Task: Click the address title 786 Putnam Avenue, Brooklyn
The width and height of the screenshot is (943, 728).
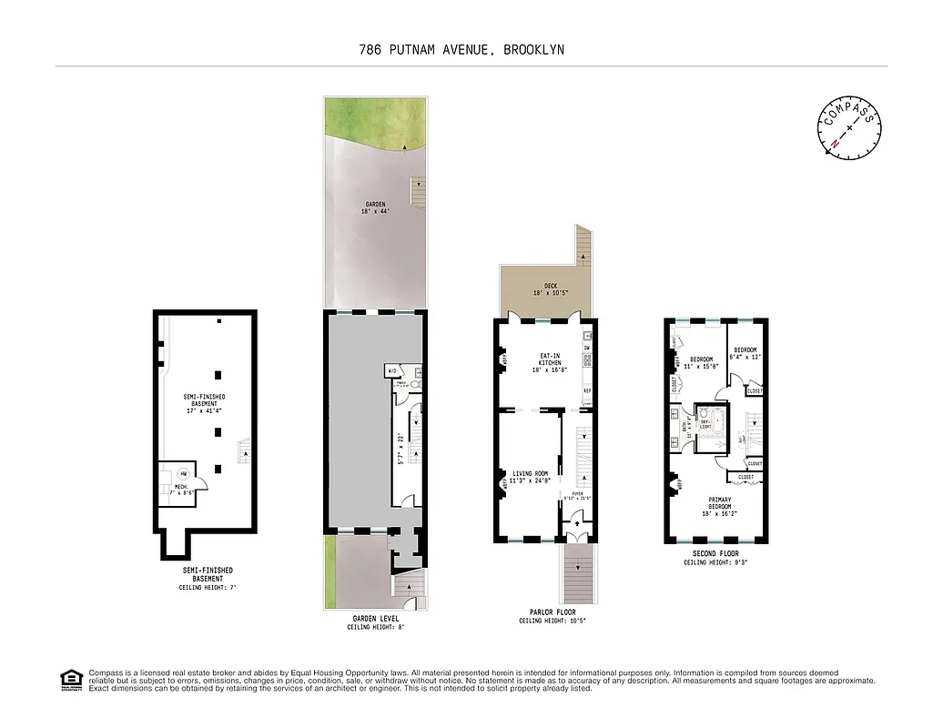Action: pyautogui.click(x=461, y=50)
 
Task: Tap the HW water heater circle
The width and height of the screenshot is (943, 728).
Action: pyautogui.click(x=183, y=474)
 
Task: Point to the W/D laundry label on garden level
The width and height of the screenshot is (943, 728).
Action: pyautogui.click(x=392, y=371)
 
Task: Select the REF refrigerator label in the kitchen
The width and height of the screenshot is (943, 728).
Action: pyautogui.click(x=587, y=389)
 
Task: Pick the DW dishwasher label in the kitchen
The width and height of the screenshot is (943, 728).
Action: pyautogui.click(x=587, y=348)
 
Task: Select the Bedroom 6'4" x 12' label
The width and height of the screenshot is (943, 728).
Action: pyautogui.click(x=746, y=353)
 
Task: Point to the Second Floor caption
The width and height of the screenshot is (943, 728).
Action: pyautogui.click(x=715, y=553)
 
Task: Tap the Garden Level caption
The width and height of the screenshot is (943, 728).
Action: pyautogui.click(x=373, y=619)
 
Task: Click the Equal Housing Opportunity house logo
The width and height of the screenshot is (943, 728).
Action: pyautogui.click(x=69, y=679)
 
